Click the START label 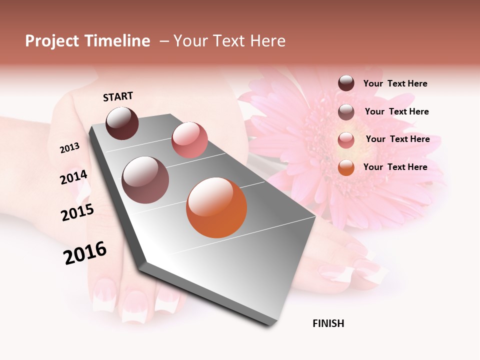tap(118, 96)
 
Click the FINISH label tap(328, 323)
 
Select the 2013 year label tap(69, 148)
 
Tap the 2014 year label tap(74, 177)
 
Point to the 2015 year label tap(77, 212)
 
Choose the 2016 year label tap(85, 253)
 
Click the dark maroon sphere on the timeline tap(122, 123)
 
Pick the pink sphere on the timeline tap(189, 140)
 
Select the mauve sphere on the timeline tap(145, 180)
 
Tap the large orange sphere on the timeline tap(216, 207)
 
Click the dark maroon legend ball tap(346, 83)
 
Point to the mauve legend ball tap(346, 112)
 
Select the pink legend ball tap(346, 140)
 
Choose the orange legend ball tap(346, 167)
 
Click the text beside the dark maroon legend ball tap(395, 84)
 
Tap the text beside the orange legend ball tap(395, 167)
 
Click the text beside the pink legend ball tap(397, 139)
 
